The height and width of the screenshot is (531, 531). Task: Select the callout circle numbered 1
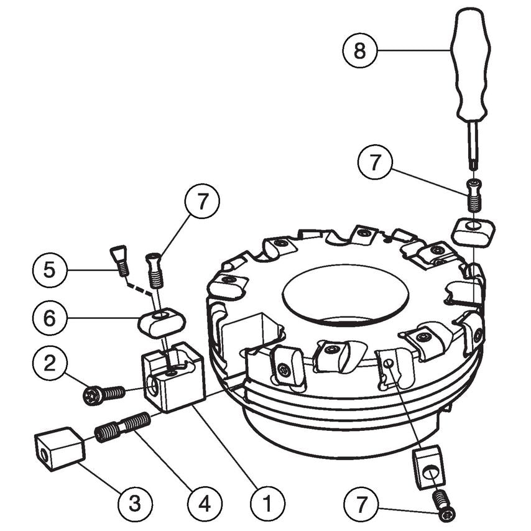[267, 501]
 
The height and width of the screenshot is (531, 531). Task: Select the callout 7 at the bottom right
[364, 501]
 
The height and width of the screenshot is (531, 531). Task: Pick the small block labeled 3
[58, 447]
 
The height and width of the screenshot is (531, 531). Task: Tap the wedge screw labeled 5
[119, 259]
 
